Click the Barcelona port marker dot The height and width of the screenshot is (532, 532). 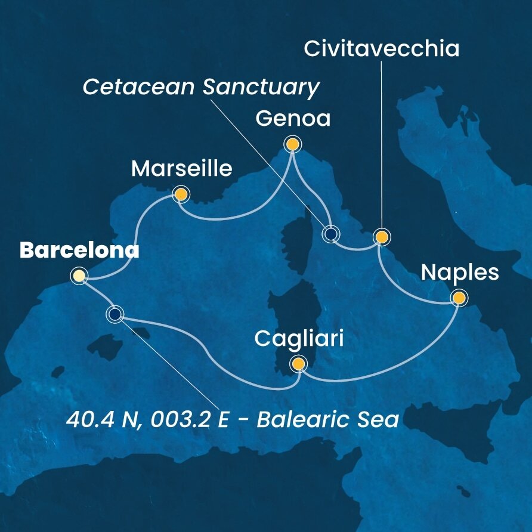78,276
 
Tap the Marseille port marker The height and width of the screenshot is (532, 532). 180,194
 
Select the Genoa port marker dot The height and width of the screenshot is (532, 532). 292,144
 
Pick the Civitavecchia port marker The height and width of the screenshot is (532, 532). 382,237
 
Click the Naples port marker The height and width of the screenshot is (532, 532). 459,298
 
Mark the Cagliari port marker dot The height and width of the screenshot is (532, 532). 297,363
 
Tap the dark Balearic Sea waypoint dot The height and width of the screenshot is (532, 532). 115,314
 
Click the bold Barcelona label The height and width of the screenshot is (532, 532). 79,251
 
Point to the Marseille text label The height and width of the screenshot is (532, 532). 181,169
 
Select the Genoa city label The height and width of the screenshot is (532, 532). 292,119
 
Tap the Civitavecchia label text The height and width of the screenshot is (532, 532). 382,49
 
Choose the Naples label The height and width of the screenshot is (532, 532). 459,273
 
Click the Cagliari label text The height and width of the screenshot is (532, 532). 298,339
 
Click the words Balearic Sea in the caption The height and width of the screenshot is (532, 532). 327,419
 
